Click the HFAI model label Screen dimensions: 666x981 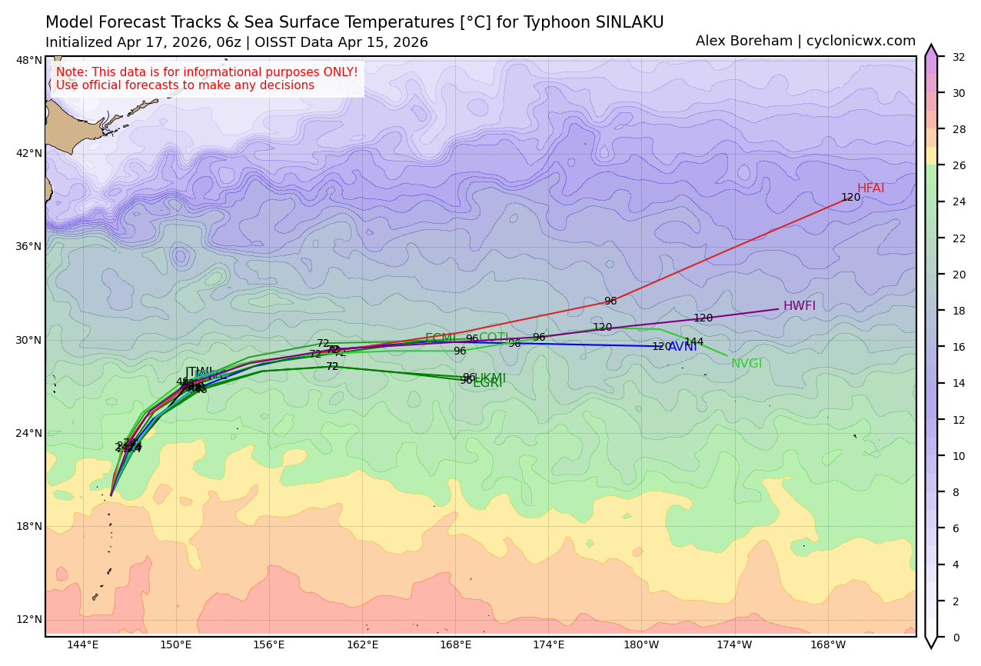click(870, 188)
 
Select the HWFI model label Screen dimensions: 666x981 click(799, 306)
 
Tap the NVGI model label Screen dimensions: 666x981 click(746, 364)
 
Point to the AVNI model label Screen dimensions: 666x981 click(683, 347)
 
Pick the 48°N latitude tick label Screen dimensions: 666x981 click(29, 60)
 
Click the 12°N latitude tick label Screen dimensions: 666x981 click(29, 620)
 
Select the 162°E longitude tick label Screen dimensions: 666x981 click(362, 644)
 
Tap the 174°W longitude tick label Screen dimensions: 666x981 click(734, 644)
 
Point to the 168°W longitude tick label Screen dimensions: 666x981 click(827, 644)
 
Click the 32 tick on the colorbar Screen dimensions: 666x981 click(958, 57)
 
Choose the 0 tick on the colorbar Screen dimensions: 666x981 click(955, 638)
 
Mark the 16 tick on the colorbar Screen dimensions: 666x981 click(958, 347)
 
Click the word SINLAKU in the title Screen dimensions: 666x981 click(625, 23)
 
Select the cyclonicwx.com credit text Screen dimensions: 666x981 click(861, 42)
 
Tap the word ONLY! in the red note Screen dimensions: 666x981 click(338, 72)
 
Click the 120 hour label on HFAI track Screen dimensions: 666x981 click(850, 198)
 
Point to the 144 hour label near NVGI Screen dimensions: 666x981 click(693, 342)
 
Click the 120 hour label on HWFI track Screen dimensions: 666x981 click(703, 318)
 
